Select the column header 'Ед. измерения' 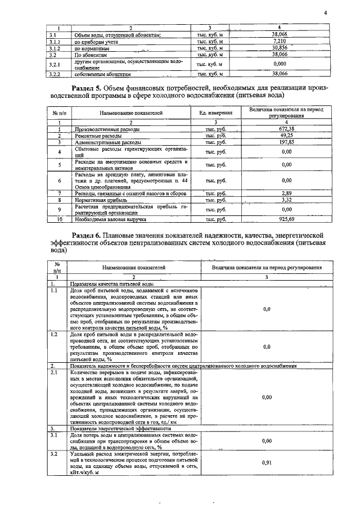(216, 113)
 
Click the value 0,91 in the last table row (267, 462)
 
